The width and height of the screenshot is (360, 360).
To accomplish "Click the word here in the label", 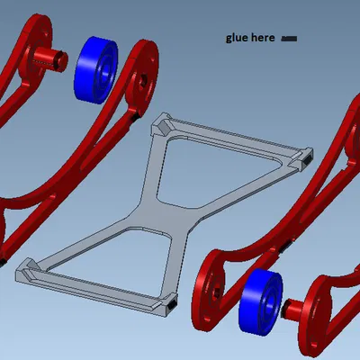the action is pyautogui.click(x=263, y=38).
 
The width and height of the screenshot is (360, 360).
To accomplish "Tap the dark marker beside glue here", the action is pyautogui.click(x=289, y=39).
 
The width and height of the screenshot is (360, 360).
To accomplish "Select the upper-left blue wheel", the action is pyautogui.click(x=95, y=70).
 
